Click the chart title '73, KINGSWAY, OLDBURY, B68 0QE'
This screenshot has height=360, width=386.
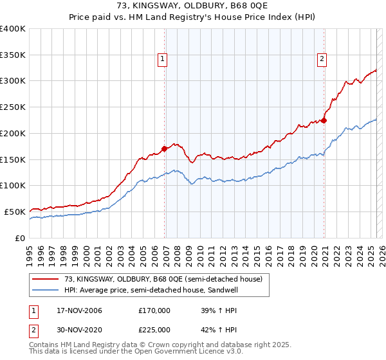pos(192,7)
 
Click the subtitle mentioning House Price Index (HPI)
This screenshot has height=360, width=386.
pos(192,18)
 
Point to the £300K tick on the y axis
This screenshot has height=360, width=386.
pos(14,81)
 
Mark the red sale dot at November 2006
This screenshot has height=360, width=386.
pos(165,148)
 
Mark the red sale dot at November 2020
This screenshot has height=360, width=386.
pos(324,120)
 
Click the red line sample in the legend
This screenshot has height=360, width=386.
pos(46,280)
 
